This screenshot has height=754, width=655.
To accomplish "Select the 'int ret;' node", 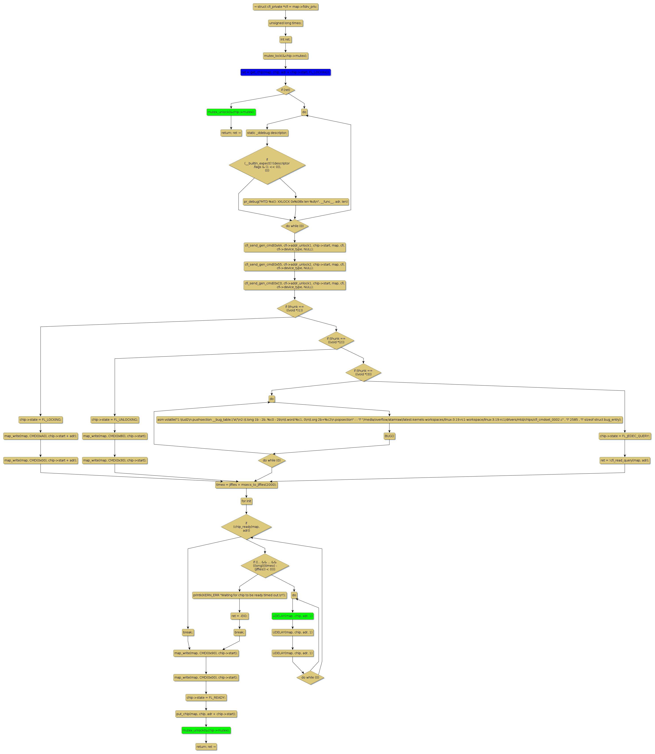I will click(285, 39).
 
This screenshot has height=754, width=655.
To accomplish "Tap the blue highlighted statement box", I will click(285, 72).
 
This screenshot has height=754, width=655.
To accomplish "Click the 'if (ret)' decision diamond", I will click(285, 90).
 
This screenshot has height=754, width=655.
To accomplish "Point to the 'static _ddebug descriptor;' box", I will click(267, 133).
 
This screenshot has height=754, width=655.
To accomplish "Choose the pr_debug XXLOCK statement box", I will click(296, 202).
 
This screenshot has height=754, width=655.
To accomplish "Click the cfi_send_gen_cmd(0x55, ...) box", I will click(295, 266).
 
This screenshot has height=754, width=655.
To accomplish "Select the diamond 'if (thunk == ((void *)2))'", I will click(336, 340).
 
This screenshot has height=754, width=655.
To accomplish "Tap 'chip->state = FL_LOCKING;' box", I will click(41, 420).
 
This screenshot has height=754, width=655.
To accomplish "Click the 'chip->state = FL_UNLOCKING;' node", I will click(115, 420).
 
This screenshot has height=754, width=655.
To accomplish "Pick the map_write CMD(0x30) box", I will click(115, 461).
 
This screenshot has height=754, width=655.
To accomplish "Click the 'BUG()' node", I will click(389, 436).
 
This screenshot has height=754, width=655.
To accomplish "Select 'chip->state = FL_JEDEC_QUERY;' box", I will click(625, 436).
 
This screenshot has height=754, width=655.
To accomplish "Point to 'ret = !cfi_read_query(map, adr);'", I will click(625, 461).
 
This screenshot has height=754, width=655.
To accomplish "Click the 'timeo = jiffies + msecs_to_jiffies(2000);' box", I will click(246, 485).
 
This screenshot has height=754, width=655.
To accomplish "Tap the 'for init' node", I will click(246, 501).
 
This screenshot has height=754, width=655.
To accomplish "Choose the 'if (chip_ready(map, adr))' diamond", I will click(246, 527).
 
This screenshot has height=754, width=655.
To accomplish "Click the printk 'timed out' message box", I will click(239, 595).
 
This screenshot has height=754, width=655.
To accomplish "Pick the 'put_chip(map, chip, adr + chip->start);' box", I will click(206, 714).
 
